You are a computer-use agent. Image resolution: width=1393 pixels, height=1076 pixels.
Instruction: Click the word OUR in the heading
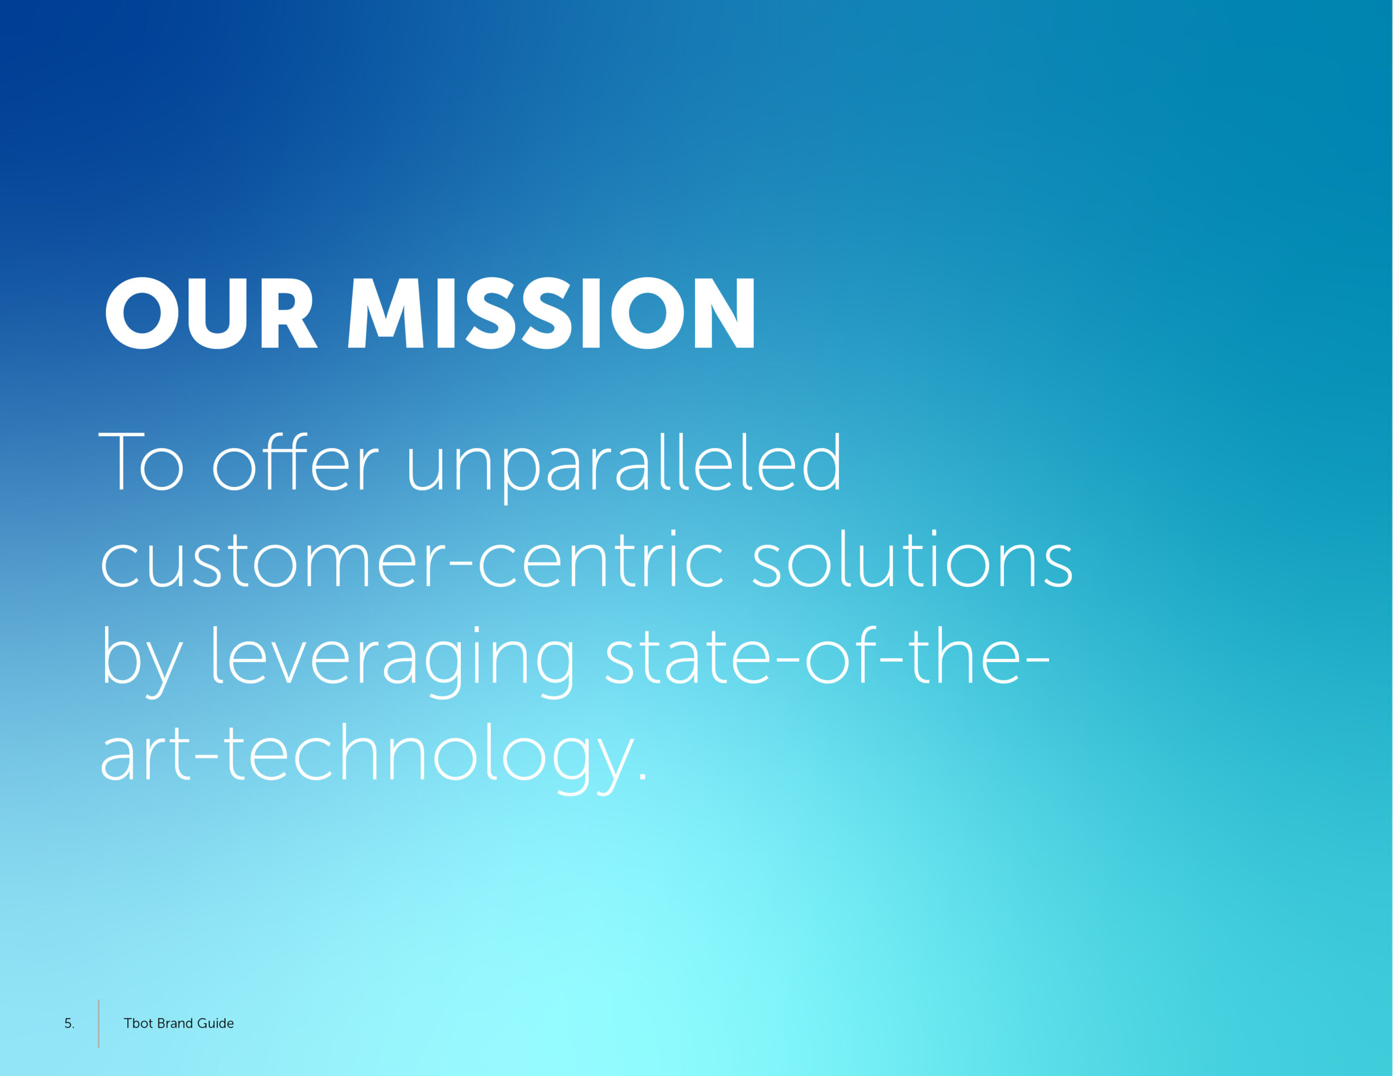coord(211,313)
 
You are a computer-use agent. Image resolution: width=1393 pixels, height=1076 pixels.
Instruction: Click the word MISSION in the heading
coord(552,313)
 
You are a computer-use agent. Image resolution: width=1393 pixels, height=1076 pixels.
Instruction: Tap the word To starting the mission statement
coord(141,462)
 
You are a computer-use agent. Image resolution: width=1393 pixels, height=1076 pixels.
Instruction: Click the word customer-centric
coord(412,559)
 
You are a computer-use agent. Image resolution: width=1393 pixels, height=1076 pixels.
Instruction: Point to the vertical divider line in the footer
coord(99,1023)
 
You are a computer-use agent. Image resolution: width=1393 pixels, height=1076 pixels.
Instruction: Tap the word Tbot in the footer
coord(138,1023)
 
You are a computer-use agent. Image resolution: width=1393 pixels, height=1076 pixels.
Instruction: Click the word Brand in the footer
coord(175,1023)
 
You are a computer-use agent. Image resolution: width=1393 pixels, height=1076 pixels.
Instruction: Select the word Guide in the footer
coord(215,1023)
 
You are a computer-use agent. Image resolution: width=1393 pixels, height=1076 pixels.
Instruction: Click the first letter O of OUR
coord(141,313)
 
